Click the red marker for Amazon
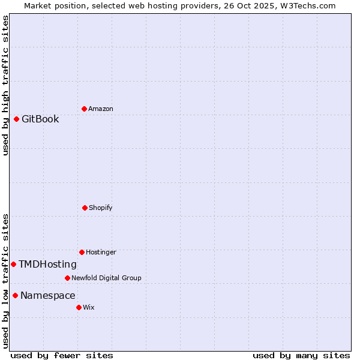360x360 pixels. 84,109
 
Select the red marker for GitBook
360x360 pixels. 16,119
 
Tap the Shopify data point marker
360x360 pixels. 85,208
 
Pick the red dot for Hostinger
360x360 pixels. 82,252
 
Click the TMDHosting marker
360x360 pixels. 13,264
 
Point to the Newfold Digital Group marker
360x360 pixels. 67,278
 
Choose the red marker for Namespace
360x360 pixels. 15,295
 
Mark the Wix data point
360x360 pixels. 79,307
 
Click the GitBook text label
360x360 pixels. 40,119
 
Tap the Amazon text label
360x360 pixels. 101,109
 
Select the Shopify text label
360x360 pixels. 101,208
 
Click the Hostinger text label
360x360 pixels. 101,252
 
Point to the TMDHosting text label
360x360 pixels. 47,264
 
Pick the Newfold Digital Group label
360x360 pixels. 106,278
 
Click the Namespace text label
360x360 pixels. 47,295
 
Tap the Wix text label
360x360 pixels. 89,307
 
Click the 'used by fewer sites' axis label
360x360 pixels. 62,355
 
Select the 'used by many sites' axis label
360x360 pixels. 301,355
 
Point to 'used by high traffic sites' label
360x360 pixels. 5,85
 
